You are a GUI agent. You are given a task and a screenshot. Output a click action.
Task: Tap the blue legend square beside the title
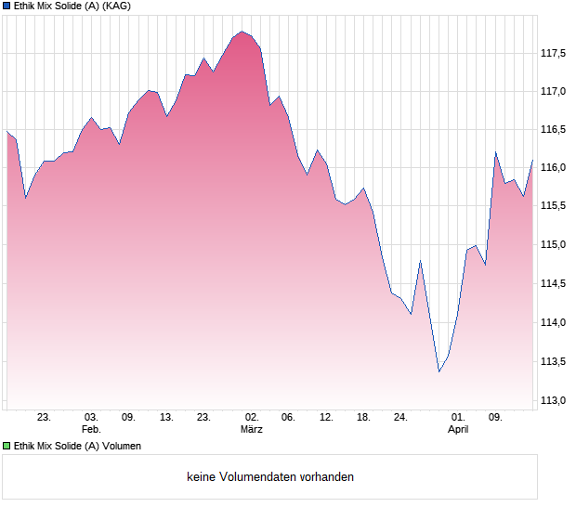coord(7,6)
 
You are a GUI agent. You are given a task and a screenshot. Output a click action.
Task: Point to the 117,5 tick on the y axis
coord(554,53)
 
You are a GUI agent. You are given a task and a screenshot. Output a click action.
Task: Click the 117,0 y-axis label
coord(554,91)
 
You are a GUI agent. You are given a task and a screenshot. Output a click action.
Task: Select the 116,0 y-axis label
coord(554,168)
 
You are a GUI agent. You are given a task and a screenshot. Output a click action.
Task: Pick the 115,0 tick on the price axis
coord(554,245)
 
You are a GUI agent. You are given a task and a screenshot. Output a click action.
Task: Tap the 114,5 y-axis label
coord(554,284)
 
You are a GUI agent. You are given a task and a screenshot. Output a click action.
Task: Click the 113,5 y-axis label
coord(554,361)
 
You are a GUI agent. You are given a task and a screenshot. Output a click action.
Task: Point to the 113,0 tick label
coord(554,400)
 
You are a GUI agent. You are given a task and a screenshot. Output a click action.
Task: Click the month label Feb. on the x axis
coord(90,430)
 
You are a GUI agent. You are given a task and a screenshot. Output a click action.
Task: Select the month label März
coord(251,430)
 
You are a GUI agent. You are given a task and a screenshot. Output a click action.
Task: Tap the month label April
coord(458,430)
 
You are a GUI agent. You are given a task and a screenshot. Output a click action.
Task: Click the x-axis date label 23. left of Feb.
coord(44,418)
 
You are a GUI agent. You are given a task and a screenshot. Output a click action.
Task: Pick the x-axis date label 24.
coord(400,418)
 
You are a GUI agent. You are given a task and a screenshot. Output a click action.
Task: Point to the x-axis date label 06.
coord(288,418)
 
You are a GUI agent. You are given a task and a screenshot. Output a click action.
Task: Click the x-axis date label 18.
coord(364,418)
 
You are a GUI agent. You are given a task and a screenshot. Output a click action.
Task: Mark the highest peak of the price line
coord(242,32)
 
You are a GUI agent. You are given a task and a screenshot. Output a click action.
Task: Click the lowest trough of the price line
coord(439,372)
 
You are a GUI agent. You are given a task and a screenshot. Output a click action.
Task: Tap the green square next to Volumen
coord(7,446)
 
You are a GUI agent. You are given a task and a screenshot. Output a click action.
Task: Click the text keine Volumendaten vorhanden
coord(270,477)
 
